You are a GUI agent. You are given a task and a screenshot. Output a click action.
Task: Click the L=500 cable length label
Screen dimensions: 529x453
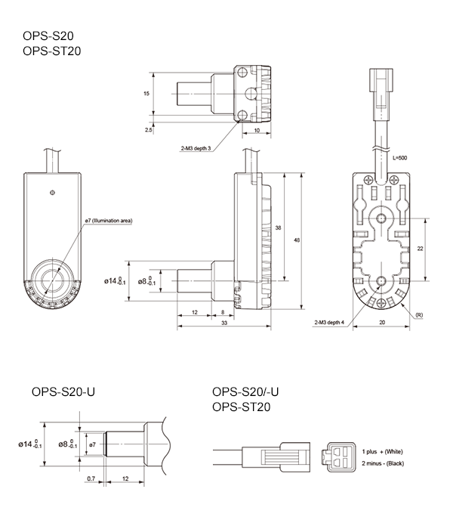click(x=402, y=159)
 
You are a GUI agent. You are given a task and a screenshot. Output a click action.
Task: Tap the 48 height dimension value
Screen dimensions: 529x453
click(x=297, y=240)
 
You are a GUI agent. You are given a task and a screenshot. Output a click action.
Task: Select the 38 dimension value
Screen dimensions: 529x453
click(x=279, y=227)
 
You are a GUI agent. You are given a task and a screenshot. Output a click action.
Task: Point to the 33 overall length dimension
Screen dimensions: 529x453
click(x=224, y=323)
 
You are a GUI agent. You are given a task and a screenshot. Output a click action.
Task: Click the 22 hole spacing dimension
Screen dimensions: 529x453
click(x=420, y=248)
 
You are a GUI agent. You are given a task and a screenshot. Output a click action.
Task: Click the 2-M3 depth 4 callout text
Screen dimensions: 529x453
click(x=329, y=322)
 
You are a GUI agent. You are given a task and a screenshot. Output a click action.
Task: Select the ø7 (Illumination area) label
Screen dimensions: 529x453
click(x=109, y=221)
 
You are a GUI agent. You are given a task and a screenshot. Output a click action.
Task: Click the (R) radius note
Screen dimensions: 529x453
click(x=418, y=314)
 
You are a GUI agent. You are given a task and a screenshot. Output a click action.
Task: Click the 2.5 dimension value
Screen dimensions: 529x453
click(x=148, y=129)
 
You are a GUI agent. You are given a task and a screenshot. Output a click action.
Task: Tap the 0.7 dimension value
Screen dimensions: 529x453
click(x=91, y=479)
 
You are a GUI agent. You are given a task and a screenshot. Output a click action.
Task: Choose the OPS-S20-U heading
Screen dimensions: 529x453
click(x=63, y=392)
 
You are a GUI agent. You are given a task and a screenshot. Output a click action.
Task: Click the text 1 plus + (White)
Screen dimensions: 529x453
click(x=383, y=451)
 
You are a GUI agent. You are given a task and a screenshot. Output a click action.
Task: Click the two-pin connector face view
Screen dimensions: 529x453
click(x=341, y=456)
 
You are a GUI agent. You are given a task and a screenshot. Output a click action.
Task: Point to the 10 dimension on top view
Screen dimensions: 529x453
click(x=257, y=130)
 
